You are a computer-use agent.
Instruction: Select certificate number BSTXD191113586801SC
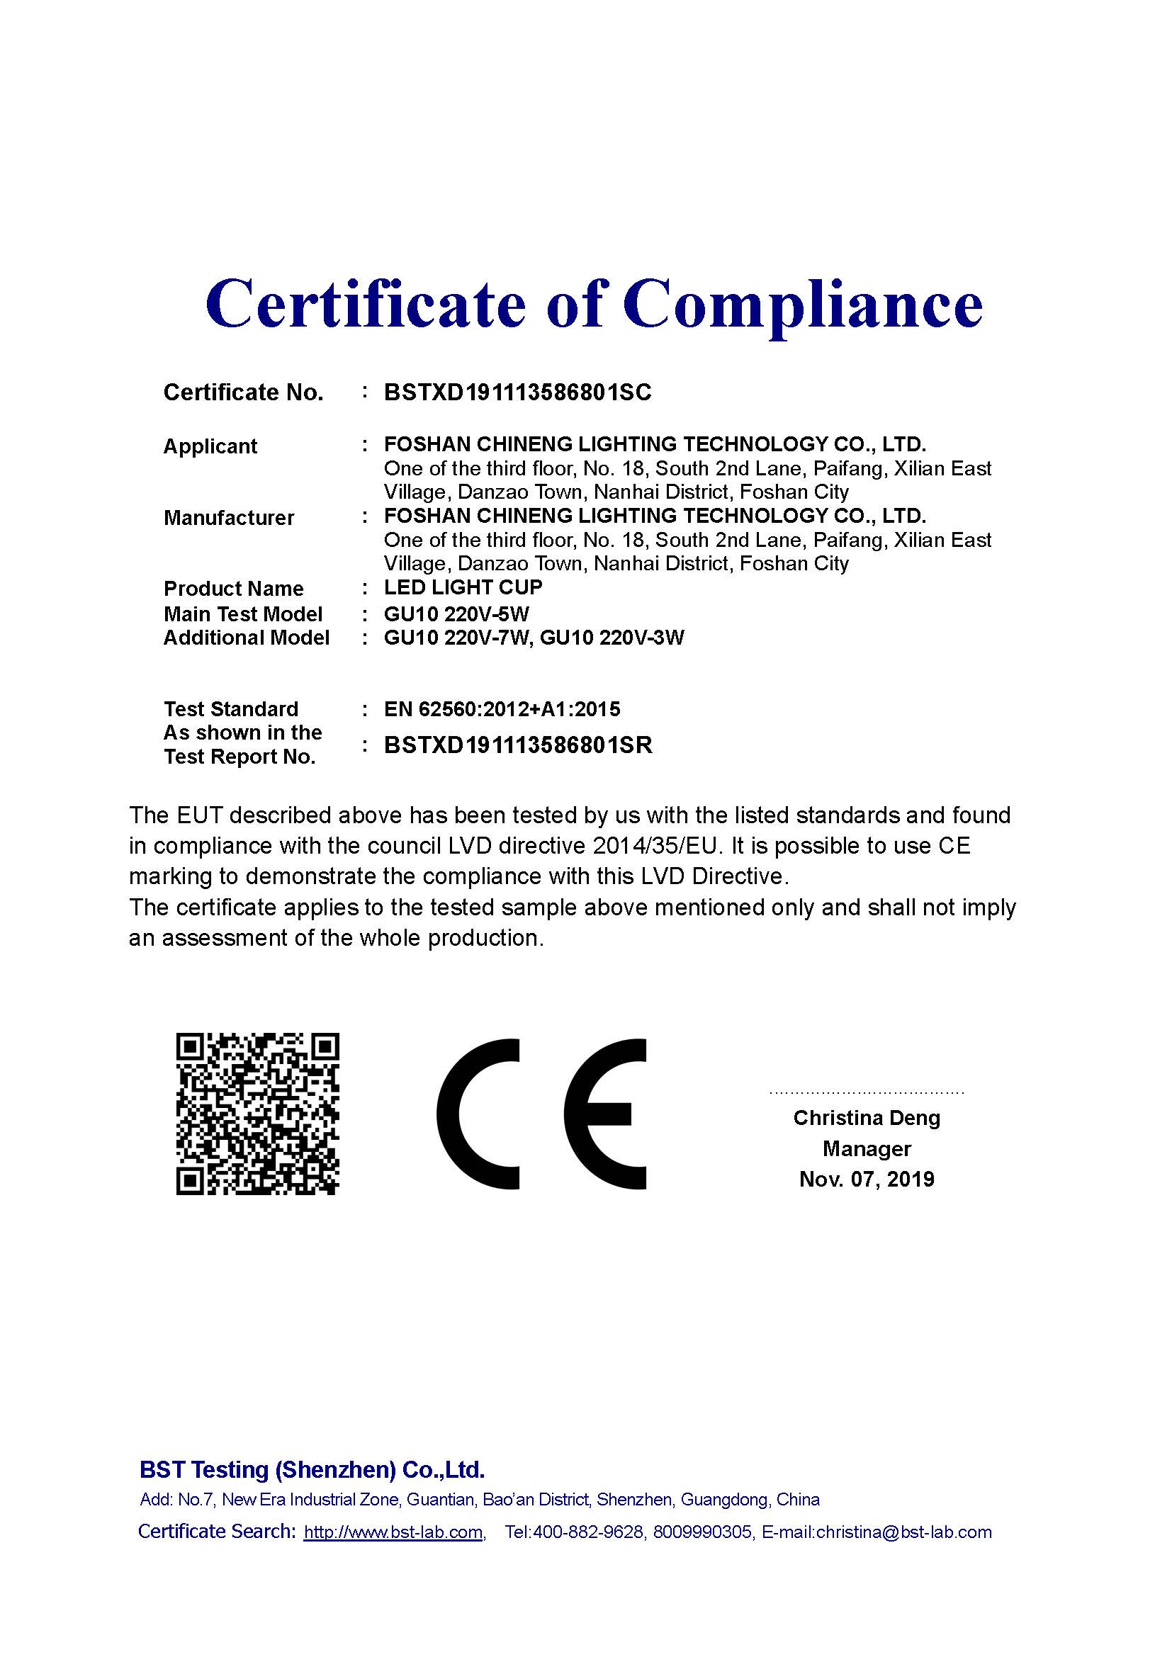[x=517, y=392]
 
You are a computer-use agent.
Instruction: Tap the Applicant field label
[x=210, y=447]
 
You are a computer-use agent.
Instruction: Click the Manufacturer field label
[x=229, y=518]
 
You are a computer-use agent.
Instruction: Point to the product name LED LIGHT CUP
[x=463, y=587]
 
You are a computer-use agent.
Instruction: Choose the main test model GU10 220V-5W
[x=456, y=614]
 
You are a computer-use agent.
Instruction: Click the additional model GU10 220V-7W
[x=457, y=638]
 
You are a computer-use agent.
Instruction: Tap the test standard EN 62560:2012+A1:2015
[x=502, y=709]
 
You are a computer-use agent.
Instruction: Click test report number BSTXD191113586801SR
[x=517, y=745]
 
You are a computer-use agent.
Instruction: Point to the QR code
[x=258, y=1114]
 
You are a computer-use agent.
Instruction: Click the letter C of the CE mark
[x=478, y=1114]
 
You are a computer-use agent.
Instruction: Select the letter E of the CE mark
[x=604, y=1114]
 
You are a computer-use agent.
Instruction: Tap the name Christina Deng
[x=867, y=1118]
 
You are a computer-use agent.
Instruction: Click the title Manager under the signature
[x=867, y=1148]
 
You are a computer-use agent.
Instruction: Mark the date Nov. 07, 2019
[x=867, y=1180]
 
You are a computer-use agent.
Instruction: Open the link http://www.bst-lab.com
[x=393, y=1532]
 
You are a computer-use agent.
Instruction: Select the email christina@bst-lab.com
[x=903, y=1532]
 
